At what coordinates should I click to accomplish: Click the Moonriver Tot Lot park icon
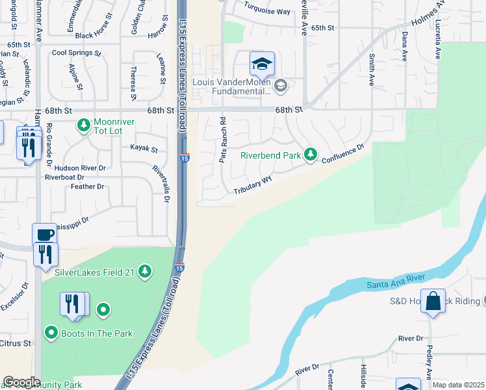[x=83, y=124]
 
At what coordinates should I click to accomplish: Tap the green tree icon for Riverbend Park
[x=311, y=154]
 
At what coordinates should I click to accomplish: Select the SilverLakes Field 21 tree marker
[x=146, y=271]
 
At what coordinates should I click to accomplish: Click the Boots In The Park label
[x=97, y=333]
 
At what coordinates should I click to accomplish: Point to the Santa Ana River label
[x=396, y=279]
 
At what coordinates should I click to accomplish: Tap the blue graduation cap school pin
[x=262, y=64]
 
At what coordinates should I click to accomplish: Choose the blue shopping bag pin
[x=433, y=302]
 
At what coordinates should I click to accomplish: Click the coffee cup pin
[x=44, y=235]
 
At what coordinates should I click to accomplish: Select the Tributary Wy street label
[x=253, y=186]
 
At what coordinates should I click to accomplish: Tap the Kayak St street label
[x=144, y=149]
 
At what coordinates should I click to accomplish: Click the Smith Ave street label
[x=372, y=71]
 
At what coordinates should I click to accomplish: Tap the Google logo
[x=21, y=382]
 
